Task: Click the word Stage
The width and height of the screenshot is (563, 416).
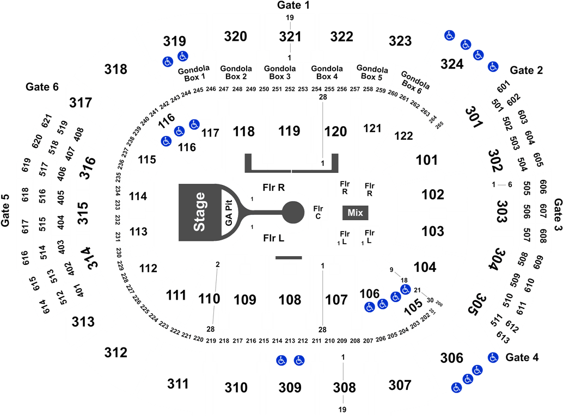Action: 200,212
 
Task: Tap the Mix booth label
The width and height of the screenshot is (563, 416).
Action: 355,213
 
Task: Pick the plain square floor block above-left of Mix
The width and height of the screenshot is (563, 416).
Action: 344,188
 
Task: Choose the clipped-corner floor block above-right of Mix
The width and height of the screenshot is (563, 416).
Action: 369,188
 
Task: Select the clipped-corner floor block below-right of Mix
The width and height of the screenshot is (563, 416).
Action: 369,237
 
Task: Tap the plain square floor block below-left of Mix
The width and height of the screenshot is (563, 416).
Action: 344,237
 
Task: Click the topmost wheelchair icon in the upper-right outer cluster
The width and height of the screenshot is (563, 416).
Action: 449,35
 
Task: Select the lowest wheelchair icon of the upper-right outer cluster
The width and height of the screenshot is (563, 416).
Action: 493,66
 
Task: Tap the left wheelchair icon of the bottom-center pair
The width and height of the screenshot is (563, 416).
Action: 281,360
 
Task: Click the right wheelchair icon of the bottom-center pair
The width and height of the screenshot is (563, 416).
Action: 299,360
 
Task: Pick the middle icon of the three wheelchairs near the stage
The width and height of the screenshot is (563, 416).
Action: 180,131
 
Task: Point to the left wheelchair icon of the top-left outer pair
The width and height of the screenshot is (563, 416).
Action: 168,62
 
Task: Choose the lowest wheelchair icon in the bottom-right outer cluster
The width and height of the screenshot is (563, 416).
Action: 456,388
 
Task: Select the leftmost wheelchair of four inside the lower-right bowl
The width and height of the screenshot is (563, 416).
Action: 370,307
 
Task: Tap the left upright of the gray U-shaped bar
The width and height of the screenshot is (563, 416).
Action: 248,162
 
